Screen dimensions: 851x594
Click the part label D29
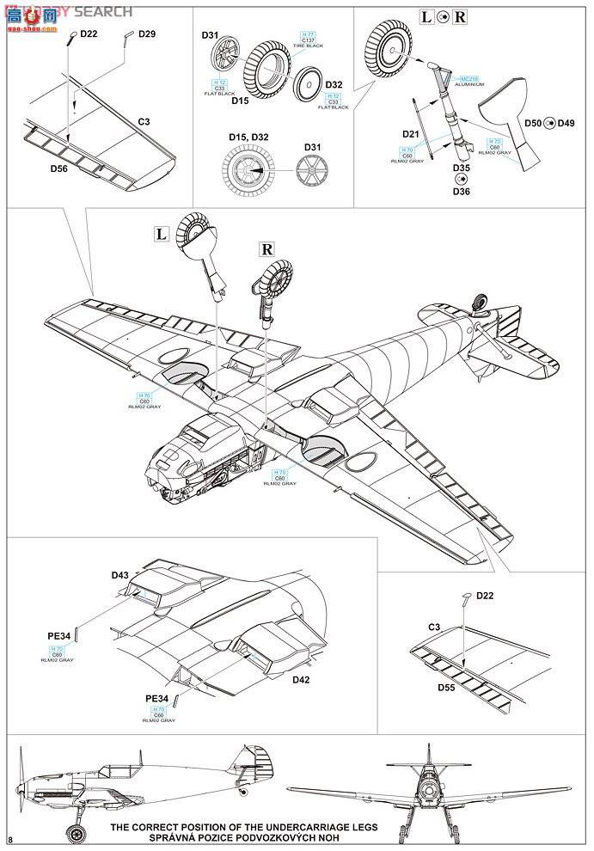point(146,34)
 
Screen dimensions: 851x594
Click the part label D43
point(119,575)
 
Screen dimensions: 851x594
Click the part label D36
point(461,192)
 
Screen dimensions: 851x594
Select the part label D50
point(534,123)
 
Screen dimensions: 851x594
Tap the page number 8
point(10,839)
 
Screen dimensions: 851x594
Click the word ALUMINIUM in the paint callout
point(471,84)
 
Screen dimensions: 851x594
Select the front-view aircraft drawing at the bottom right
point(426,791)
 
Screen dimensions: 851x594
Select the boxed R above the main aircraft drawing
point(266,250)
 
